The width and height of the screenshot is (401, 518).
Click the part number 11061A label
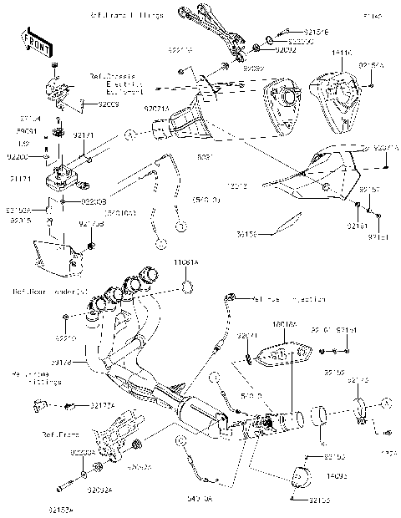click(x=185, y=262)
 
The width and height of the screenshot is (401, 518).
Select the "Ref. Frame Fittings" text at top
click(x=126, y=16)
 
